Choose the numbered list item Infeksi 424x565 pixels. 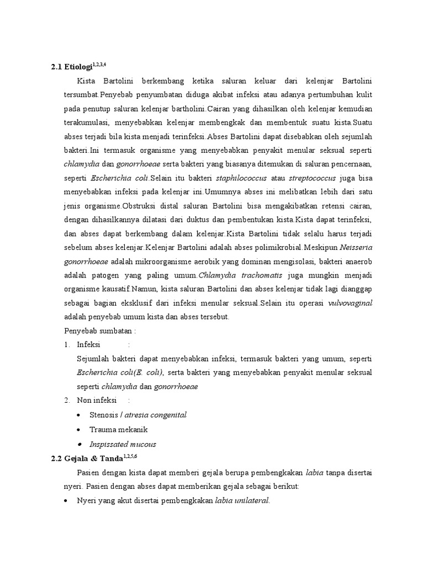tap(89, 345)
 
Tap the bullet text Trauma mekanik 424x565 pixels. tap(119, 429)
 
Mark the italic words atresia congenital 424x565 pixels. tap(156, 415)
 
